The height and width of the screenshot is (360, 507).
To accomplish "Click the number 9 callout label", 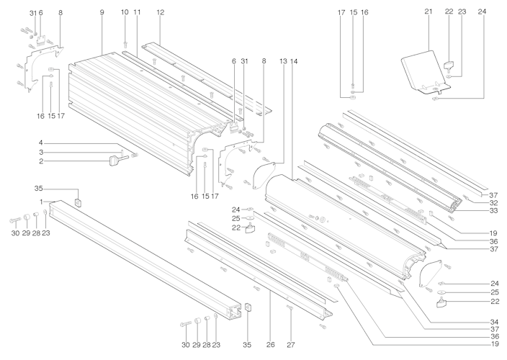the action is click(x=102, y=13).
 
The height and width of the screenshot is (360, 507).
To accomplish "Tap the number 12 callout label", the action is click(x=161, y=12).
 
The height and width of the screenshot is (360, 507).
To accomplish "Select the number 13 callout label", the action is click(x=283, y=61).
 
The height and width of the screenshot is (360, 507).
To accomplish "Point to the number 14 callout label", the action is click(x=294, y=61).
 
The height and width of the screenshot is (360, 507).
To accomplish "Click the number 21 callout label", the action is click(x=429, y=12).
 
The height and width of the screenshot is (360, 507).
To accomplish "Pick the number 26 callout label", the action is click(x=271, y=345).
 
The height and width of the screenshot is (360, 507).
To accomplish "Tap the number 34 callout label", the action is click(x=494, y=322).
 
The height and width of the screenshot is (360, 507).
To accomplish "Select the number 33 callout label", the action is click(x=494, y=211).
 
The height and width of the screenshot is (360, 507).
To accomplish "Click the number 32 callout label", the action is click(x=494, y=203).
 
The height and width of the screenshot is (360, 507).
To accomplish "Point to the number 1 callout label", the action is click(x=41, y=202).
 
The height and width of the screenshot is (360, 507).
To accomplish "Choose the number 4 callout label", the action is click(x=41, y=143).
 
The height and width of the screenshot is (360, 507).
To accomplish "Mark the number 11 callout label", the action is click(x=137, y=12).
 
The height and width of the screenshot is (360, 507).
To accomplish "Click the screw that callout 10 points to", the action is click(x=125, y=44).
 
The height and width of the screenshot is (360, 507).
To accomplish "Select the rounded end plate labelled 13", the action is click(x=264, y=174).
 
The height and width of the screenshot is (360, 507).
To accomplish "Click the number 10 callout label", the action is click(x=125, y=12).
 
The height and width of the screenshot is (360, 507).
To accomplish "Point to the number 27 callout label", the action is click(x=291, y=345).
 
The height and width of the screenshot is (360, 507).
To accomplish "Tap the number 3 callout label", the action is click(x=41, y=152).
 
